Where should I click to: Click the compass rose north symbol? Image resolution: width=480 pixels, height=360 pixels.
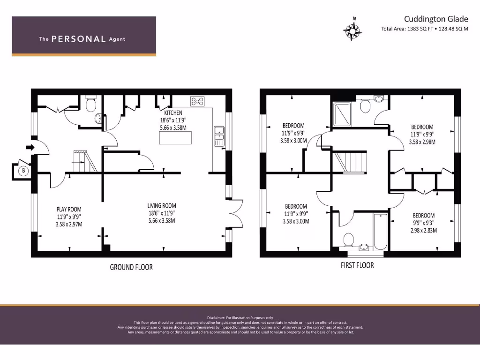(354, 30)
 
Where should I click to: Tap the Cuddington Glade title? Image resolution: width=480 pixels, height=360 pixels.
(436, 19)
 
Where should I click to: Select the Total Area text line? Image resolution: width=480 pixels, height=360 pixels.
(425, 29)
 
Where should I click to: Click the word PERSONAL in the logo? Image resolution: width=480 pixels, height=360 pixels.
(78, 39)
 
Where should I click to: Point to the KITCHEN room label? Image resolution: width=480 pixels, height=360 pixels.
(173, 113)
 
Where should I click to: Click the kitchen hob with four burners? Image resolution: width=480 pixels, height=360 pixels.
(198, 101)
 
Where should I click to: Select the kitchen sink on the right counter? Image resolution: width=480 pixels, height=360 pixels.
(219, 135)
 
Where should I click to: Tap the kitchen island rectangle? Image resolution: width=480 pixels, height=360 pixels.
(176, 138)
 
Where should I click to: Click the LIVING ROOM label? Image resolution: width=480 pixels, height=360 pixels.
(162, 205)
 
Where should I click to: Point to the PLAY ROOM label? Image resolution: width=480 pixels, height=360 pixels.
(69, 209)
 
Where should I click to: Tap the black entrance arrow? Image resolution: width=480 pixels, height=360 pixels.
(30, 147)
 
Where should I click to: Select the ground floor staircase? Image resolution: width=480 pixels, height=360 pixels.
(85, 161)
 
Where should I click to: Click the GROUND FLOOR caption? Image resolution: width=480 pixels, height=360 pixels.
(131, 267)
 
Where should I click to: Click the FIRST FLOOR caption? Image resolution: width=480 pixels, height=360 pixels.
(357, 265)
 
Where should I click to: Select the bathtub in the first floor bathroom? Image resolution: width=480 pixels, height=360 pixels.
(379, 231)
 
